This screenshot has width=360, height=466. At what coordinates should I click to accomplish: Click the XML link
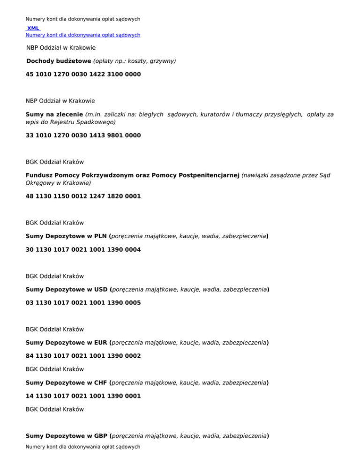click(33, 28)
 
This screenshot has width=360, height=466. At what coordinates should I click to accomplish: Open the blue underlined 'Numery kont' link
click(83, 35)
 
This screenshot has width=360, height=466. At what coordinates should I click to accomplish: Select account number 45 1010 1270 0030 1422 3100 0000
click(83, 74)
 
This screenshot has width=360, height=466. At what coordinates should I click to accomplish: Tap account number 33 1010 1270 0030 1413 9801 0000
click(83, 135)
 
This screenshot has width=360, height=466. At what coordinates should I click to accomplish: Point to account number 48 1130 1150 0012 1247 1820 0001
click(83, 196)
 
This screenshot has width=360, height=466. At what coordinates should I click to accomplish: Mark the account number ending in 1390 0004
click(83, 250)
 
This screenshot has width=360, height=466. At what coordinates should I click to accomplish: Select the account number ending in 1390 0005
click(83, 303)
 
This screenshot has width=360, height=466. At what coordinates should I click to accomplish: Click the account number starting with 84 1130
click(83, 356)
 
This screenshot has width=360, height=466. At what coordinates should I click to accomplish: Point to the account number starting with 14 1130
click(83, 396)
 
